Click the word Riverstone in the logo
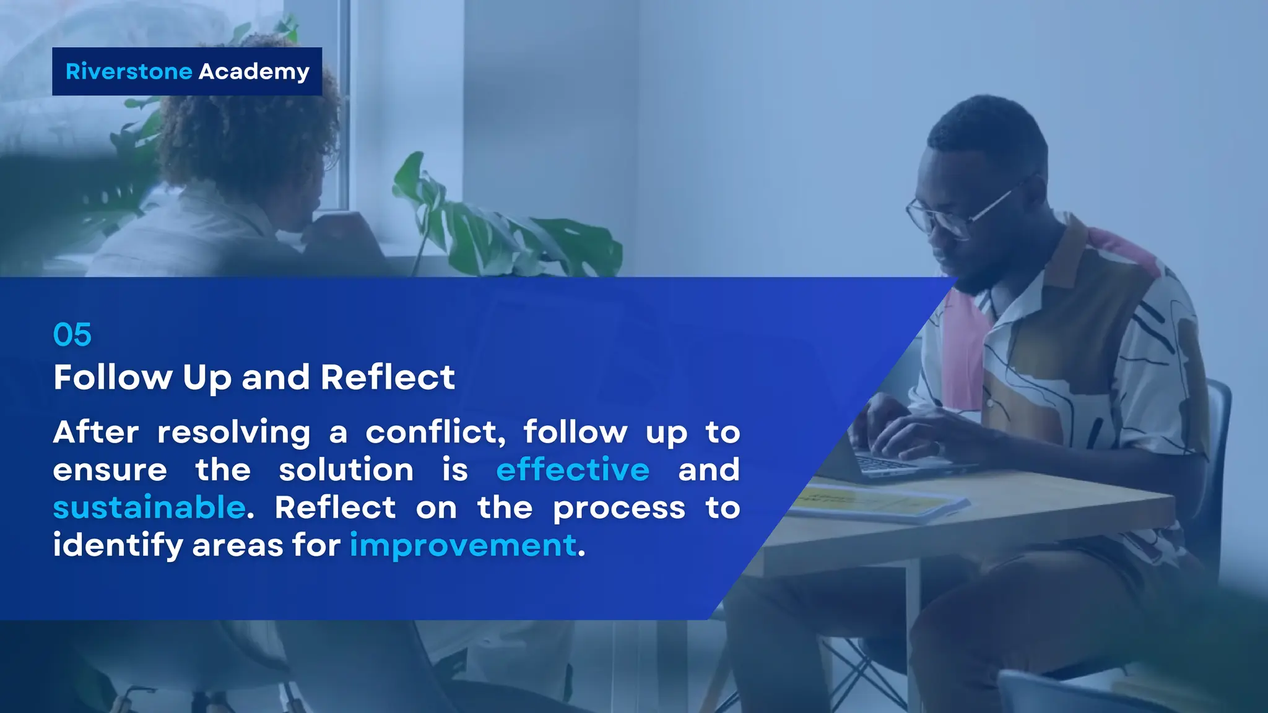pyautogui.click(x=129, y=72)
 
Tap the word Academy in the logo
pyautogui.click(x=254, y=72)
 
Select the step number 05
pyautogui.click(x=72, y=335)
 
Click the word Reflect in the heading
pyautogui.click(x=388, y=377)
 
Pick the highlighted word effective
pyautogui.click(x=573, y=470)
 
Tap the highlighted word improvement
pyautogui.click(x=463, y=546)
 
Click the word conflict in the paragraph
pyautogui.click(x=435, y=432)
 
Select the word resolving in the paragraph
pyautogui.click(x=234, y=432)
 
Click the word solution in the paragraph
pyautogui.click(x=346, y=470)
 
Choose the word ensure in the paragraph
pyautogui.click(x=110, y=470)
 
